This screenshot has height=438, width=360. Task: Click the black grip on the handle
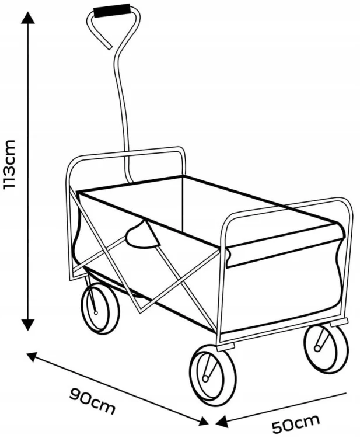click(112, 11)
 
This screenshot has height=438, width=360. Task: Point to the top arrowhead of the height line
click(28, 18)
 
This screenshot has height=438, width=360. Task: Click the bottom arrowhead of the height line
click(28, 325)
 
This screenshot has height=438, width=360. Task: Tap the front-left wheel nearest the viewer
click(213, 374)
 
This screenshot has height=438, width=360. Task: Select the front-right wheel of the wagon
click(326, 349)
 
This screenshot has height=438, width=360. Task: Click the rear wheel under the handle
click(100, 308)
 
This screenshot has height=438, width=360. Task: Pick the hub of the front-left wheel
click(206, 379)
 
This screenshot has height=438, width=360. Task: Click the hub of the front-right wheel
click(317, 348)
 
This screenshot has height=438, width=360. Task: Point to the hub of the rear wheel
click(96, 312)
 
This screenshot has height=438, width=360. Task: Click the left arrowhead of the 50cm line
click(222, 422)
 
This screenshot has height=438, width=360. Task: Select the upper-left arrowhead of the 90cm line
click(32, 357)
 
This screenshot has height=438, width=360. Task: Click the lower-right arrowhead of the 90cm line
click(203, 421)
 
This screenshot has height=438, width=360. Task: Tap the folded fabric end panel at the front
click(285, 245)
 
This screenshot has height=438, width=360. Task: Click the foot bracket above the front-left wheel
click(225, 347)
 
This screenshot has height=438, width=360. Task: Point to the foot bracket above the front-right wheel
click(339, 322)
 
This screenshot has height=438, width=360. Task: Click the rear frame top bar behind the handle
click(125, 153)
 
